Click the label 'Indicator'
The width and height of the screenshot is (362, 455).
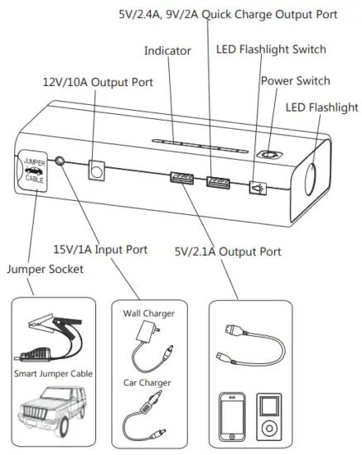point(167,51)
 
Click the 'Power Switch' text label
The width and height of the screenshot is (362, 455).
point(295,81)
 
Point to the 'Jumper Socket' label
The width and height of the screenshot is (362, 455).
point(38,269)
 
